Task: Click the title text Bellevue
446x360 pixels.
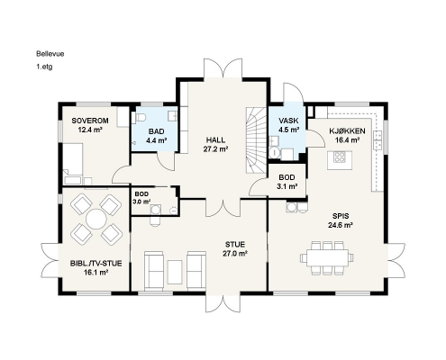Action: (50, 54)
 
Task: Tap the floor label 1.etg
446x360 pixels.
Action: (44, 67)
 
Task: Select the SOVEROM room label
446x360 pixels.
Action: (90, 121)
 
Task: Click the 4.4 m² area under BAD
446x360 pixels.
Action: (157, 140)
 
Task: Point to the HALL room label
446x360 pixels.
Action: (215, 140)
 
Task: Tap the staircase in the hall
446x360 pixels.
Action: (256, 140)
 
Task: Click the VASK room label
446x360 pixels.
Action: (288, 121)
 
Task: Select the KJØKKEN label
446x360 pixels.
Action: (347, 131)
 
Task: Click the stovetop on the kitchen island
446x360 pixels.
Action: (340, 157)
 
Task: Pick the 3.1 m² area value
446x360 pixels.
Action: (287, 186)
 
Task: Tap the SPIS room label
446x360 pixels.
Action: (341, 216)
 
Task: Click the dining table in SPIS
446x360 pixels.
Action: (327, 257)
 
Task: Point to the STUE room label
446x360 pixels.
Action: (235, 244)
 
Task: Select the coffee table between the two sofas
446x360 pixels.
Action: (175, 272)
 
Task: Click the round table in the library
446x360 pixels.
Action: (96, 219)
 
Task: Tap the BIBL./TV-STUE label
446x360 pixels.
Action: (96, 264)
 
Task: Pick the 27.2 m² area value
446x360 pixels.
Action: (215, 149)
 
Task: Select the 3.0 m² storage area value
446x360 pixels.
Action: (141, 202)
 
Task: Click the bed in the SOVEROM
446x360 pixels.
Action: (73, 164)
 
